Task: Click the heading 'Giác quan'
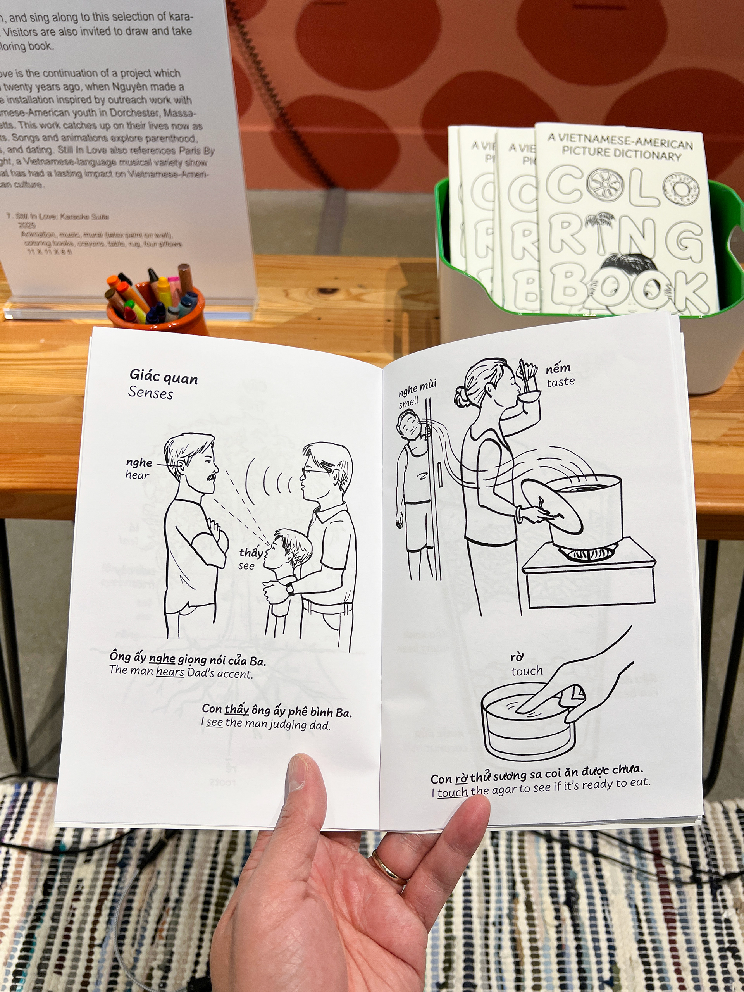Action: (x=164, y=377)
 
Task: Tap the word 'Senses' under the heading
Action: (x=151, y=393)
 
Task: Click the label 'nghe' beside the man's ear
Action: (x=139, y=462)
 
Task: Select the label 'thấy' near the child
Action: (x=250, y=553)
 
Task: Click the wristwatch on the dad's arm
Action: (x=291, y=588)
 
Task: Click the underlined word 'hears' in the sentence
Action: (x=170, y=672)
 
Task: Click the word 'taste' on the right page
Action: (x=560, y=382)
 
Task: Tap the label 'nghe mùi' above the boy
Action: (x=417, y=387)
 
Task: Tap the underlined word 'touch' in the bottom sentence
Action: (x=453, y=792)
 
